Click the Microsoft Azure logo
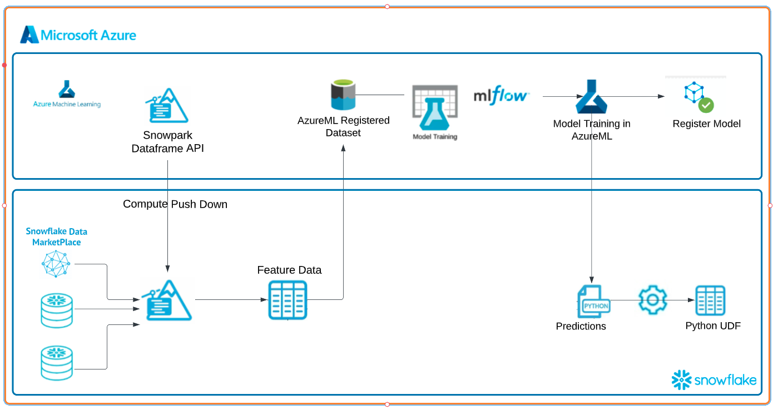click(x=78, y=35)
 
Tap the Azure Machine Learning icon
click(x=67, y=90)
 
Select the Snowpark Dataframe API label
click(x=167, y=142)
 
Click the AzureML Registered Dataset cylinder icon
click(x=343, y=95)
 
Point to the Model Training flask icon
click(x=435, y=109)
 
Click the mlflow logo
click(x=501, y=95)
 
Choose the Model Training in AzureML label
click(x=592, y=130)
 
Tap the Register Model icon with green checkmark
click(x=698, y=97)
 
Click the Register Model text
click(x=706, y=124)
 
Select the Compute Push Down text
click(x=175, y=204)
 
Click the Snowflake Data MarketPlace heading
click(x=56, y=237)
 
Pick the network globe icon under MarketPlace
click(x=57, y=264)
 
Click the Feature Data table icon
click(x=288, y=300)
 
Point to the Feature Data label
click(x=289, y=270)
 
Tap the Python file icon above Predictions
click(x=593, y=302)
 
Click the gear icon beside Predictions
click(x=653, y=300)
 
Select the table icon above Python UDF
click(x=711, y=300)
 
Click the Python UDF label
click(x=713, y=326)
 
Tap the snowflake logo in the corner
click(x=714, y=379)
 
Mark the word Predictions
click(x=581, y=327)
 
